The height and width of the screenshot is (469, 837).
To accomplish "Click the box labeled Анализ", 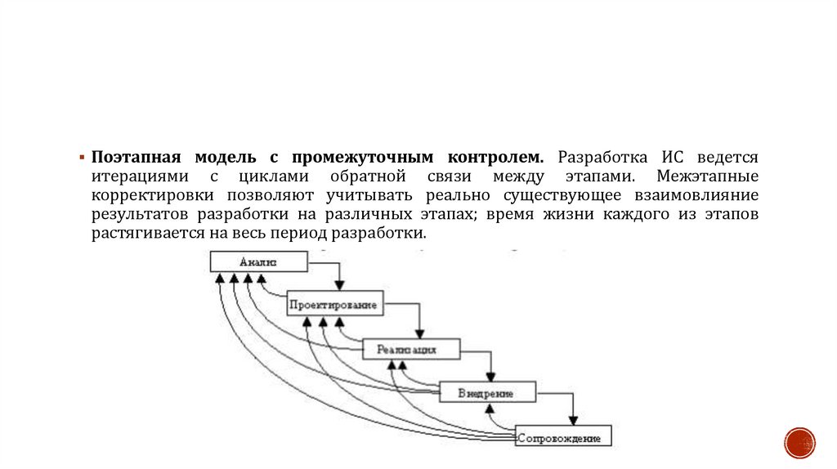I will (259, 261).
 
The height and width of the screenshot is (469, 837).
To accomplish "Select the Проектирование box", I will (335, 305).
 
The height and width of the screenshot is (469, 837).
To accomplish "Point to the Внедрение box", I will (487, 393).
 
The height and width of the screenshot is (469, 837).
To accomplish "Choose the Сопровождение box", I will (563, 437).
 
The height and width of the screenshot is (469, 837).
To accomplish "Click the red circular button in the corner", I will (799, 442).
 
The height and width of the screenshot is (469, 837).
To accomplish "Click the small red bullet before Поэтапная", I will (83, 157).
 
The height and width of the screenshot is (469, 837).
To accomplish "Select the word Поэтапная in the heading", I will (137, 156).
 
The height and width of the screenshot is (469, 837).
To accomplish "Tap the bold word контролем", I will (496, 156).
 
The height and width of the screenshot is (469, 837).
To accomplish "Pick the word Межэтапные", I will (708, 176).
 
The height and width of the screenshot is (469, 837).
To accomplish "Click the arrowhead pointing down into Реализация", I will (419, 333).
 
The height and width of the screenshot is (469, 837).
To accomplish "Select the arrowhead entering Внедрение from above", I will (490, 376).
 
